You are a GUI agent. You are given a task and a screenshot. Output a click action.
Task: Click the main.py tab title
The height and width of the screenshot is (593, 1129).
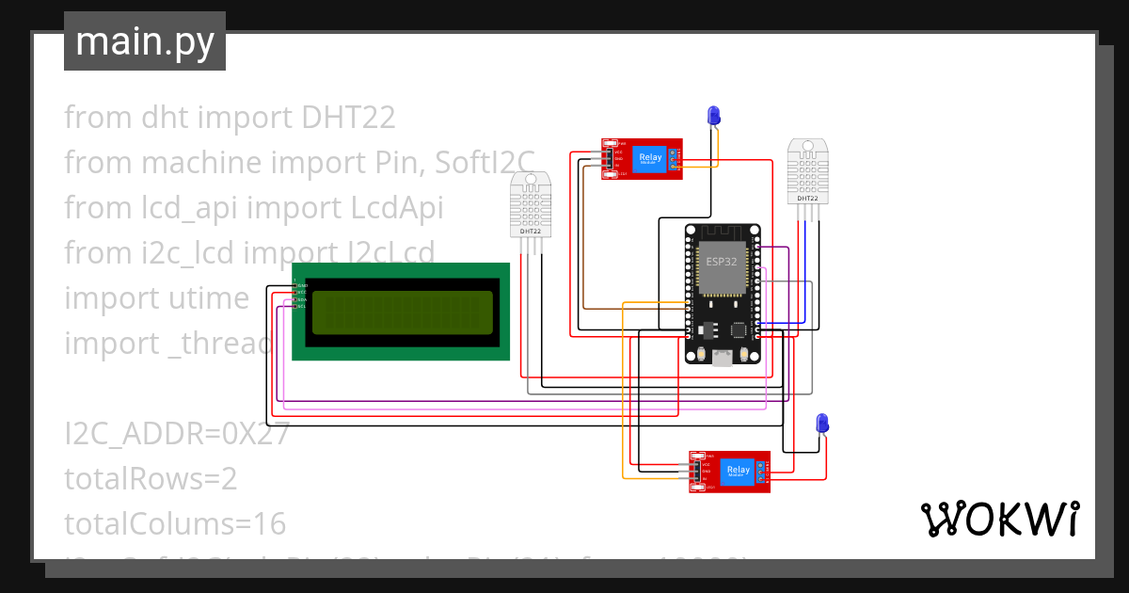(x=144, y=41)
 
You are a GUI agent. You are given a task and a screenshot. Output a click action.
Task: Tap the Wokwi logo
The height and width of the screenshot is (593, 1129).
(x=999, y=520)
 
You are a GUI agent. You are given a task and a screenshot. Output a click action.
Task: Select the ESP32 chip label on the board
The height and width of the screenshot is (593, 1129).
(x=722, y=261)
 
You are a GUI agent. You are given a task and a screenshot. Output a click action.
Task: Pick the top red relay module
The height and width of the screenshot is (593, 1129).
(x=642, y=158)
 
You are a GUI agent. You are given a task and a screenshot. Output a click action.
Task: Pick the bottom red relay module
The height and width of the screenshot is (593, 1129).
(x=729, y=471)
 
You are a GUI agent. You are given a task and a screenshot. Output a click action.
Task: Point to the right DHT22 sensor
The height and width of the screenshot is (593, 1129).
(x=807, y=171)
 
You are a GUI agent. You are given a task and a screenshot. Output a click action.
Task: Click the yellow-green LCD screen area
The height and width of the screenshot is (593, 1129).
(x=402, y=313)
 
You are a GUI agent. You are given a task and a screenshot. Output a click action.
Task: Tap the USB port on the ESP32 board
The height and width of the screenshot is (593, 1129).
(x=723, y=358)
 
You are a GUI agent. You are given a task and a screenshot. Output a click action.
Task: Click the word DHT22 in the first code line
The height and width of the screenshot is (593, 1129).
(x=348, y=118)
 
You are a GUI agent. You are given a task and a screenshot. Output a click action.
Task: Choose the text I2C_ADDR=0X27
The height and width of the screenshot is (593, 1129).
(x=177, y=434)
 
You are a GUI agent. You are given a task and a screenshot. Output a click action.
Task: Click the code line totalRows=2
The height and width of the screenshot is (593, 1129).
(x=151, y=479)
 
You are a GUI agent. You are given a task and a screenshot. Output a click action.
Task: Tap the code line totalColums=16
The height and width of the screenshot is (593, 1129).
(x=175, y=524)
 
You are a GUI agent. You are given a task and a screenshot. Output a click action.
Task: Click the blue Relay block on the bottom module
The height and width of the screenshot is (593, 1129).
(x=738, y=471)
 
